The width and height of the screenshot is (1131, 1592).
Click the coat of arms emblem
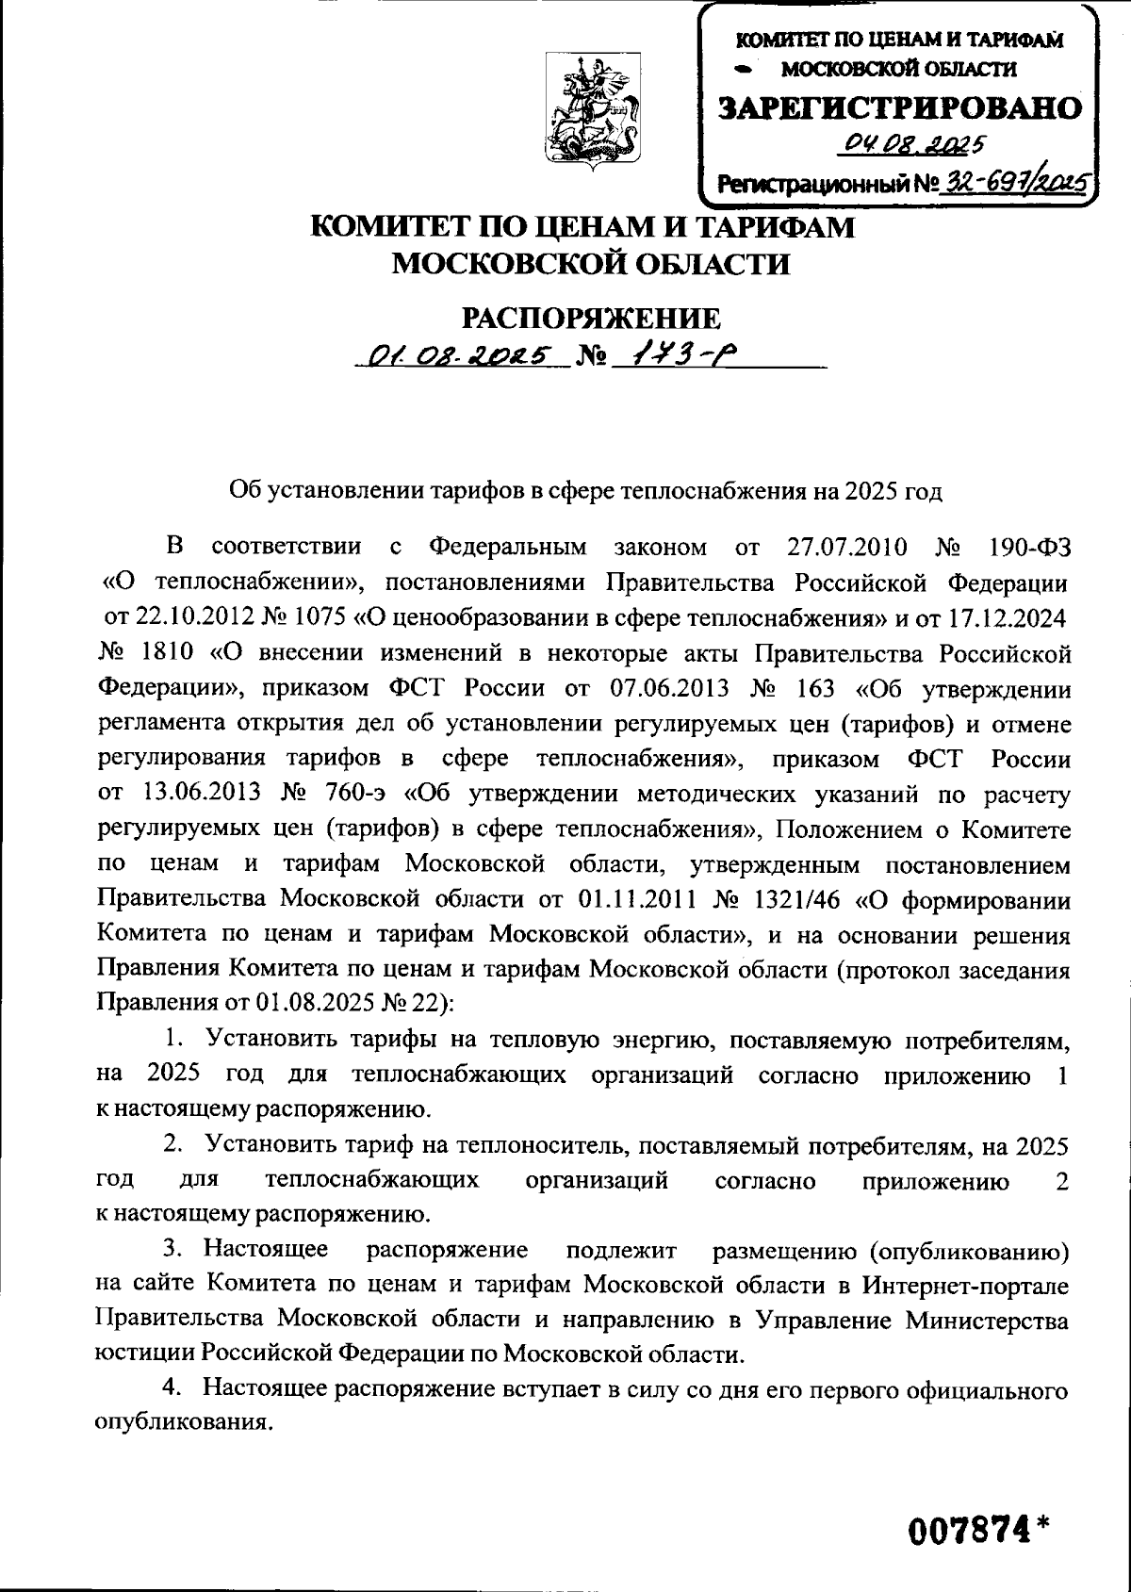592,111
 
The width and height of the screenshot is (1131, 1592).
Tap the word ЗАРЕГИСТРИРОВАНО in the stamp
900,108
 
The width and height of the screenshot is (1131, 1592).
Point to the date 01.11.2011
631,900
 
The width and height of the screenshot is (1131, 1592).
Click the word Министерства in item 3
987,1320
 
